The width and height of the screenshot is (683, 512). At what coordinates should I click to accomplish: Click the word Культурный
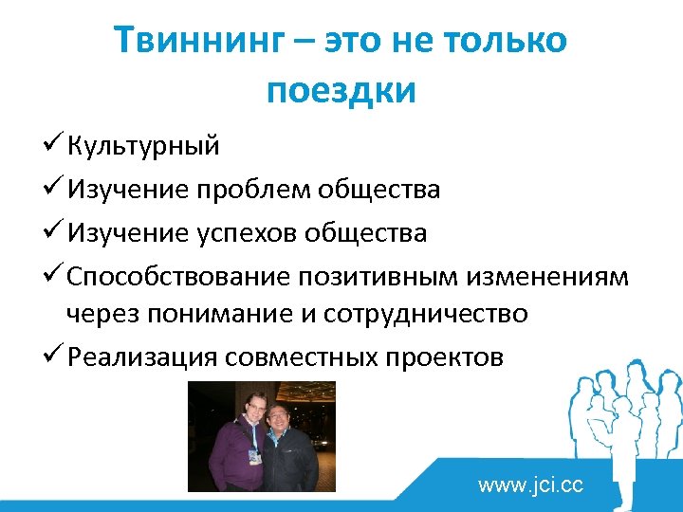(x=143, y=147)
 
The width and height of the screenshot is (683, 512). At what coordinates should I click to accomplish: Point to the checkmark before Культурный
(x=54, y=145)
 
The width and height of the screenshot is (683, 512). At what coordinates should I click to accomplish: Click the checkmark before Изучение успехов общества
(x=54, y=230)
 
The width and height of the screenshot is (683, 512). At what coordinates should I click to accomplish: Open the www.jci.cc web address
(x=530, y=485)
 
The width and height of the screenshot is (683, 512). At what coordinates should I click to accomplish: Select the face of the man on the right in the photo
(x=279, y=415)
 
